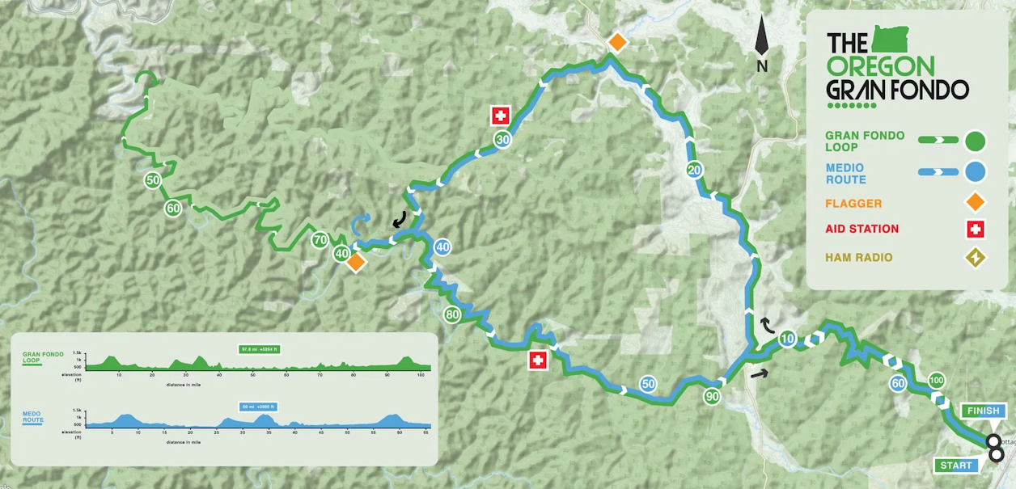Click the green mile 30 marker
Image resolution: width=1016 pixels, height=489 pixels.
point(502,140)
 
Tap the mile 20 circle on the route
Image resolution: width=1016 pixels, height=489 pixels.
point(693,170)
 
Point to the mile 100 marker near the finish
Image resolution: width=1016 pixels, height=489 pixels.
point(937,381)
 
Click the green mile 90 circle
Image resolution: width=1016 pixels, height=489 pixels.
point(712,396)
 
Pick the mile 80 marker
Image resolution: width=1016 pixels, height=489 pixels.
point(453,314)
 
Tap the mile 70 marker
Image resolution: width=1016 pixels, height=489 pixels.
point(320,240)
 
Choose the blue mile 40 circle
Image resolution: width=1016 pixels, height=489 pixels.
point(442,247)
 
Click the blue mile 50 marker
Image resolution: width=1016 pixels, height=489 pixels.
point(647,385)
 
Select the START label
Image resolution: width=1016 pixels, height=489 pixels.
point(956,466)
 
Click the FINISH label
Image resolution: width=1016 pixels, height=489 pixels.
point(983,411)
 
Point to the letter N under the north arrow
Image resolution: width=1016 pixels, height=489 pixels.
point(762,67)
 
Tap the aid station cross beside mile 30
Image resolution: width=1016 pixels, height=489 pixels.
point(501,116)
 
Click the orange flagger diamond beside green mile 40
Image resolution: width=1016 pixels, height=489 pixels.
point(354,262)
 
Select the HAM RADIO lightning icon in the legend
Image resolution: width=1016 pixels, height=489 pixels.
point(976,258)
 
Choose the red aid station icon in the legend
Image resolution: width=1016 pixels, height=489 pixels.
point(976,230)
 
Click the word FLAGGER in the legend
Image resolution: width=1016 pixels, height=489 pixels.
point(853,204)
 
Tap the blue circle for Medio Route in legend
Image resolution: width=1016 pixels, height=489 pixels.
point(976,171)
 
